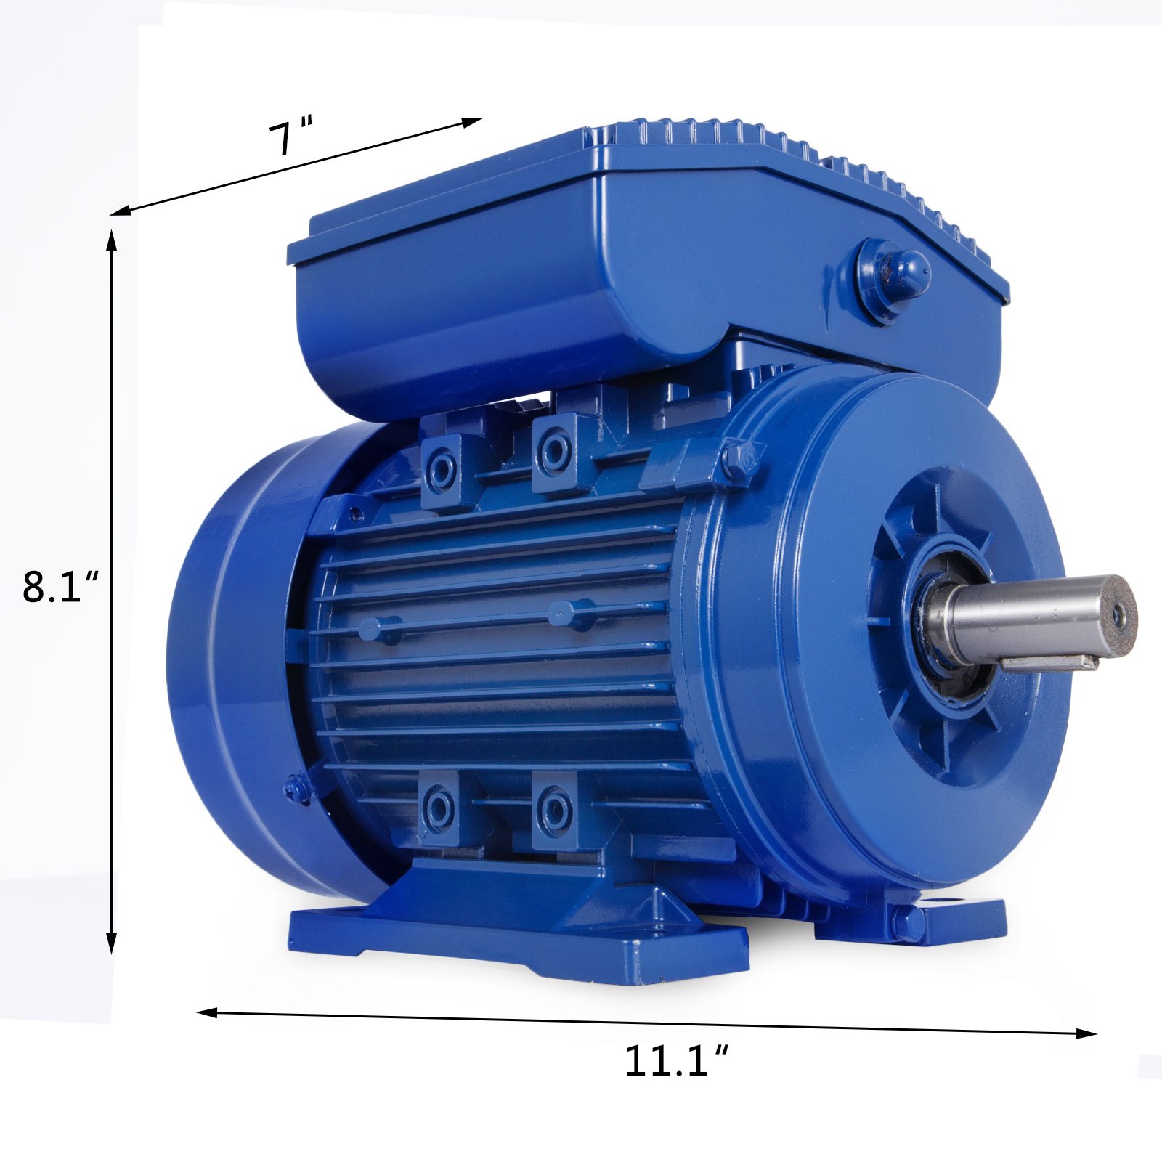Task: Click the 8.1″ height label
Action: click(x=60, y=588)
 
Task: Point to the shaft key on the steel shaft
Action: click(x=1049, y=662)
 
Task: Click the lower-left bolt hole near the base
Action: click(x=439, y=807)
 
